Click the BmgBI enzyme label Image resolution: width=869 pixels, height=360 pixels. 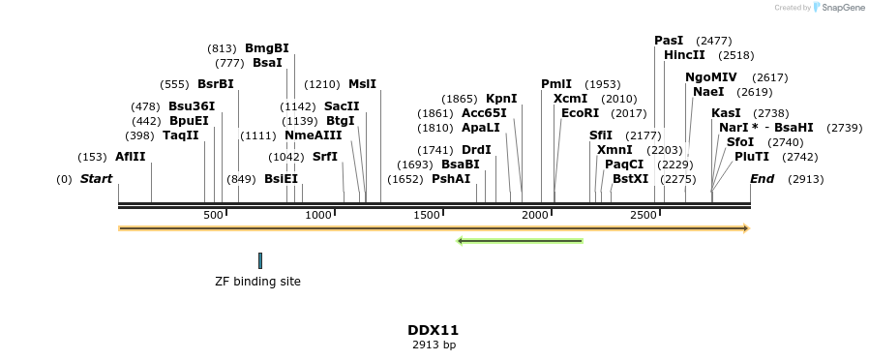(x=266, y=48)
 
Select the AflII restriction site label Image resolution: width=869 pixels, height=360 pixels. (x=130, y=157)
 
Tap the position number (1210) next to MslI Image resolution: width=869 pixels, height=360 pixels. (x=323, y=84)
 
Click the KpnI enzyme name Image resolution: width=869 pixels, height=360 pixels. (x=501, y=99)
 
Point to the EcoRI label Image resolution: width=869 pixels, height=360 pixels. (x=580, y=113)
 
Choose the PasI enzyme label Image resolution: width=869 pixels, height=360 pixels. (x=669, y=41)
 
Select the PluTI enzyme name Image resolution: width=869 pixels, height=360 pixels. (x=752, y=157)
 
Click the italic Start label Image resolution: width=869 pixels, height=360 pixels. (x=96, y=179)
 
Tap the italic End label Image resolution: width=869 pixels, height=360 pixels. (x=762, y=179)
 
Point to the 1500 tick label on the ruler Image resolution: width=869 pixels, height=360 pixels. (x=428, y=215)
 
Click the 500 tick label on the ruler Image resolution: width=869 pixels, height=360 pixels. (x=213, y=215)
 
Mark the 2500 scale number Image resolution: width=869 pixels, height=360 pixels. (x=644, y=215)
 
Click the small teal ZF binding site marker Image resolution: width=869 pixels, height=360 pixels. (x=260, y=260)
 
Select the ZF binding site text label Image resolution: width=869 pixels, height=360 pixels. (x=257, y=282)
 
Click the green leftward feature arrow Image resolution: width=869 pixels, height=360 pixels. (x=520, y=241)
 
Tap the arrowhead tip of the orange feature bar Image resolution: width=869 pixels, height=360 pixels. (x=747, y=228)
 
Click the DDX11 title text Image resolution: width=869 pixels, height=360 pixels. (x=433, y=330)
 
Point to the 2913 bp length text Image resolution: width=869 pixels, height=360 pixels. (x=433, y=345)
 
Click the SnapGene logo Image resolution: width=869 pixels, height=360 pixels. (x=839, y=8)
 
